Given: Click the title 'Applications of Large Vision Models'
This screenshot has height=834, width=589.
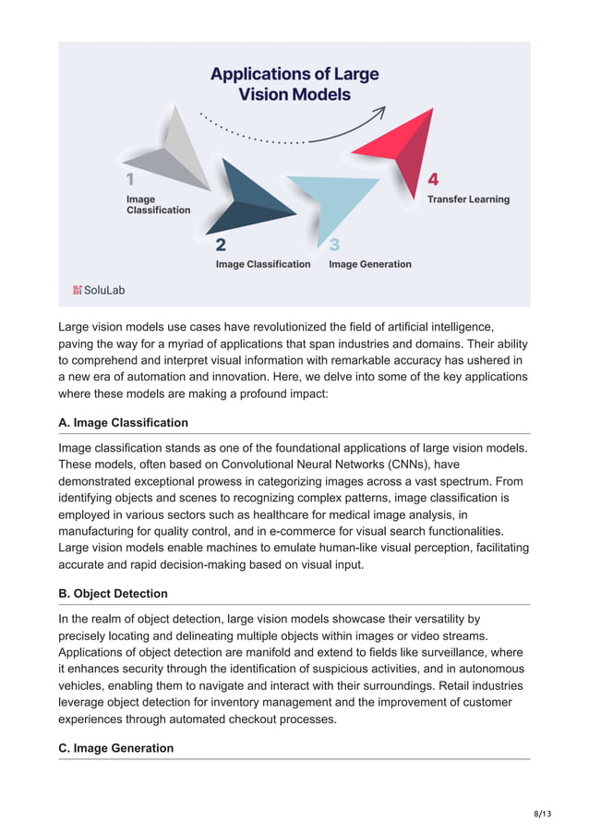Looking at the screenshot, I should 294,83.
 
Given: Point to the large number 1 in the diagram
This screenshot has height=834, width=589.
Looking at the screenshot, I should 130,179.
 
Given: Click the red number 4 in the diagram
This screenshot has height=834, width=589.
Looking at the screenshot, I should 433,178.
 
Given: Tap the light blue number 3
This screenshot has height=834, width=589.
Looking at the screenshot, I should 334,245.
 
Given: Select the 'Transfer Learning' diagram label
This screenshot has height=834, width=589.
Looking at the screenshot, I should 467,199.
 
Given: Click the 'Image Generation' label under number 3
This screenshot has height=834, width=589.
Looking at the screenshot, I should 369,264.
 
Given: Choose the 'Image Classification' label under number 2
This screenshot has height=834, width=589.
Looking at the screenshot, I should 263,264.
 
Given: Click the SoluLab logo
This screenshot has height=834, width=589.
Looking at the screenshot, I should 99,290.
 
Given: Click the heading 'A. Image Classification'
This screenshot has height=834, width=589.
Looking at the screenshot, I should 123,422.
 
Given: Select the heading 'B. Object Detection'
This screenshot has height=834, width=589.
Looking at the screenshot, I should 113,593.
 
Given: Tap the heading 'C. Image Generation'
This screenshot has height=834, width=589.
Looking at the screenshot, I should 115,748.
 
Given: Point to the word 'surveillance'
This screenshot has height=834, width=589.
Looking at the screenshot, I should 487,651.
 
